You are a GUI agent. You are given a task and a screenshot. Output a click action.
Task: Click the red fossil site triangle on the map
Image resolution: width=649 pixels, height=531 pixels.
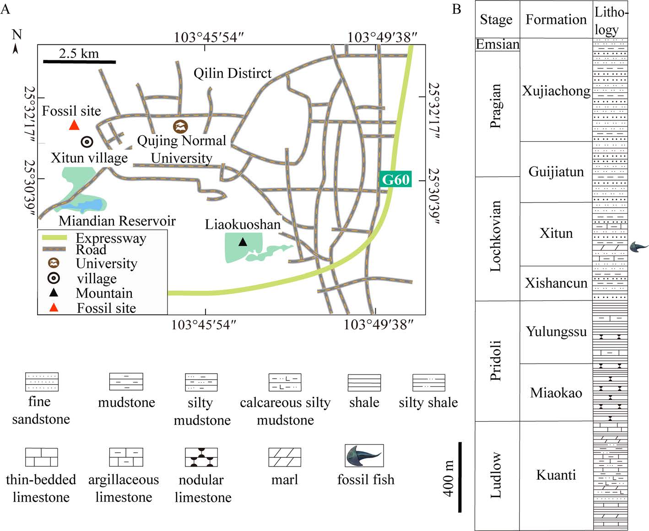tap(74, 125)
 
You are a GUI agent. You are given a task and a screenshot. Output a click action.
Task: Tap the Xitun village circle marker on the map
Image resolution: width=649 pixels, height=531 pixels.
tap(87, 142)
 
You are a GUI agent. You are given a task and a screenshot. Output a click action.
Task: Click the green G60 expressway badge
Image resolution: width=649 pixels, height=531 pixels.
tap(395, 179)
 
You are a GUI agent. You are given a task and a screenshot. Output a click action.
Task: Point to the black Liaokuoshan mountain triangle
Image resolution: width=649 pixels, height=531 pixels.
tap(243, 242)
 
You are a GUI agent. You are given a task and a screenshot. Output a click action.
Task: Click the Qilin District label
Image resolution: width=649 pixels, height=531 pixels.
tap(233, 73)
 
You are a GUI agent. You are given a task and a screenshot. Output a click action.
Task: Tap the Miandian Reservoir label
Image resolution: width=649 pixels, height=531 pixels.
tap(117, 221)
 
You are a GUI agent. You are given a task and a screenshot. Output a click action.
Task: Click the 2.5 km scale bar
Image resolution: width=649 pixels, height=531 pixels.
tap(79, 61)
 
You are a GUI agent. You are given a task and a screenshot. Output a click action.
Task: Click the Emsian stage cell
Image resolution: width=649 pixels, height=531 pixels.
tap(498, 44)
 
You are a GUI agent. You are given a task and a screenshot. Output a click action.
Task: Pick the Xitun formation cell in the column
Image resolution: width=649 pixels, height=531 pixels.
tap(556, 233)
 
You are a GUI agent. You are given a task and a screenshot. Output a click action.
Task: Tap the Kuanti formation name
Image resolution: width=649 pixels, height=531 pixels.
tap(556, 475)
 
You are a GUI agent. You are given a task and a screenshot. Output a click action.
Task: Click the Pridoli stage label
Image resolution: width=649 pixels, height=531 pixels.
tap(496, 360)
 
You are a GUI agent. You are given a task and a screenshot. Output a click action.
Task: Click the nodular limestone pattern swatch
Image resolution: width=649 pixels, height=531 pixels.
tap(201, 457)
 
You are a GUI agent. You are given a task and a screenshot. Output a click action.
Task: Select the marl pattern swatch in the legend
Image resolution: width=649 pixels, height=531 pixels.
tap(285, 457)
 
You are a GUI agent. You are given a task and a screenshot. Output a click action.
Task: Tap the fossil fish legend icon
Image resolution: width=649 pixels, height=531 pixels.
tap(364, 456)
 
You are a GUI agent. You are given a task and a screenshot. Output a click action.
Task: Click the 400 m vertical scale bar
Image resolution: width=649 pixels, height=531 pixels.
tap(460, 477)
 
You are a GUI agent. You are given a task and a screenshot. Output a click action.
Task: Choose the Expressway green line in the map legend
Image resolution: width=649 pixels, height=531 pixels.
tap(54, 238)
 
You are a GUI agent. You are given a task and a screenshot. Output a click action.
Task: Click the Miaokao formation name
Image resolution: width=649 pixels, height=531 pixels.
tap(556, 393)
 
